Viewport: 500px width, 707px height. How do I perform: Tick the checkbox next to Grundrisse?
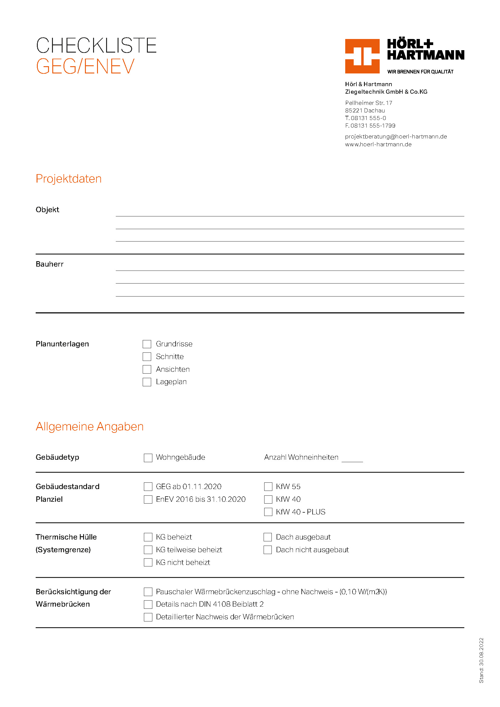[147, 344]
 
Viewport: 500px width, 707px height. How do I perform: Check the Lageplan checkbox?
[147, 382]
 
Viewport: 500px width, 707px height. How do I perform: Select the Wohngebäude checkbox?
[148, 458]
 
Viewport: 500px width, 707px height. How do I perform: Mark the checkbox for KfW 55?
[268, 487]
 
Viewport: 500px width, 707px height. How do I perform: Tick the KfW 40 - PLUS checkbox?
[268, 512]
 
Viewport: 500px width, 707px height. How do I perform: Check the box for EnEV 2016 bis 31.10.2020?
[148, 499]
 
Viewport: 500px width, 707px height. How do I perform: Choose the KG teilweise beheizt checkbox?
[148, 550]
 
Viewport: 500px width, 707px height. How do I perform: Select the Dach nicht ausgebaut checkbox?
[268, 550]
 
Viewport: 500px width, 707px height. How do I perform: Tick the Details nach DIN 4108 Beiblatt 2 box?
[148, 604]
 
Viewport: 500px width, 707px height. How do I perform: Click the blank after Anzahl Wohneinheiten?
[352, 459]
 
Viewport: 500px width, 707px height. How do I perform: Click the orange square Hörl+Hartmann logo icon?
[362, 56]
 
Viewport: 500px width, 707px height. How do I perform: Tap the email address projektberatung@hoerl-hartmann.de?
[396, 136]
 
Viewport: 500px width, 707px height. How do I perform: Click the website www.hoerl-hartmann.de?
[378, 144]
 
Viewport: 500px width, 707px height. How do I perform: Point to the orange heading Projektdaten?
[69, 179]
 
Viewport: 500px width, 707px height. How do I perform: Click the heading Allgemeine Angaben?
[89, 426]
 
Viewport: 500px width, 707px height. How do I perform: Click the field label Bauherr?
[50, 264]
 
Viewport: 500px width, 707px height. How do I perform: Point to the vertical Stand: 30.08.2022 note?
[481, 660]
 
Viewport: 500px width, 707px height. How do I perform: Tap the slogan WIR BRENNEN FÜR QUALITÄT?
[420, 72]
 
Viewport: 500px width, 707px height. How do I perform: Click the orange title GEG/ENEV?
[85, 66]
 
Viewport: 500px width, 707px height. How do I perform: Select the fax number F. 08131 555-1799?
[370, 126]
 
